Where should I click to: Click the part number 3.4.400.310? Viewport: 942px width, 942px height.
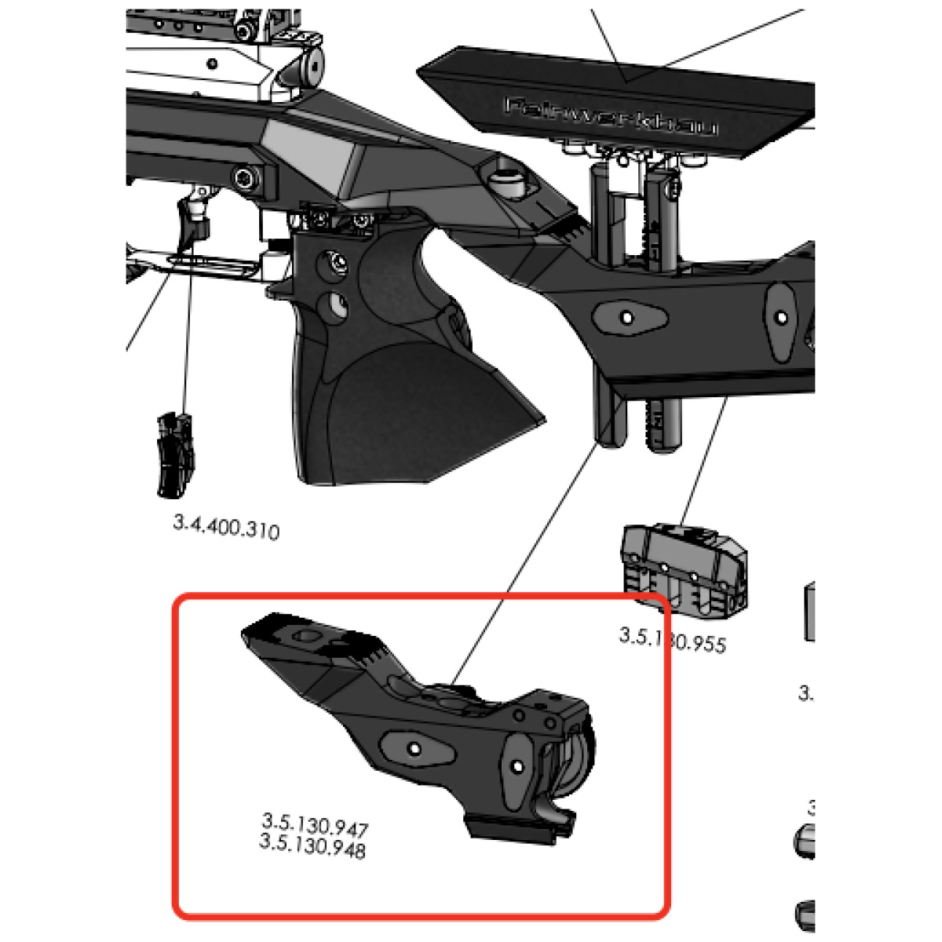[226, 528]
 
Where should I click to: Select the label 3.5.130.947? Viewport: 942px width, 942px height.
[315, 824]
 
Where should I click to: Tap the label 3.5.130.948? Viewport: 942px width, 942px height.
[312, 846]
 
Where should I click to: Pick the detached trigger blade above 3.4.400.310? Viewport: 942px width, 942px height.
[174, 455]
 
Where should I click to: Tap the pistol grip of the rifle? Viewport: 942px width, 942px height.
[392, 377]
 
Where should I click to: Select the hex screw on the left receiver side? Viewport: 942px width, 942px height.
[246, 177]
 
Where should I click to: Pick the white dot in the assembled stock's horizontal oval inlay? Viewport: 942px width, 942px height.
[626, 317]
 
